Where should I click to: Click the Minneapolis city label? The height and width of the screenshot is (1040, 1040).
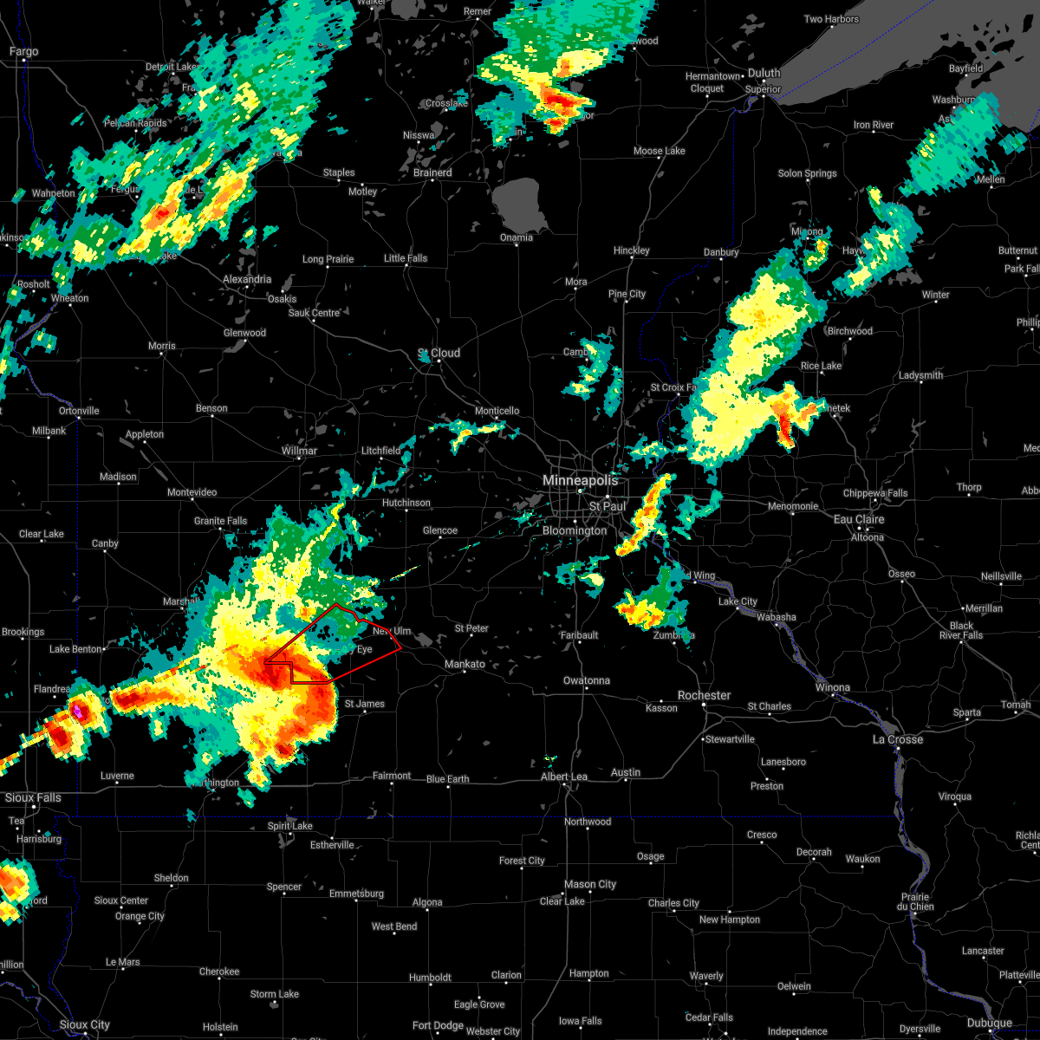pos(580,480)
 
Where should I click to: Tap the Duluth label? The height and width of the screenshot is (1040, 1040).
pos(764,74)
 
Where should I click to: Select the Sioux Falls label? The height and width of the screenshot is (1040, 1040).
pos(33,797)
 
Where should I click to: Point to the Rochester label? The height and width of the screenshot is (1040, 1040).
pos(704,695)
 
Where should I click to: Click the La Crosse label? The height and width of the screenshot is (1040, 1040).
pos(898,739)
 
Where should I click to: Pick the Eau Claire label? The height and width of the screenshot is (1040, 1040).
pos(859,519)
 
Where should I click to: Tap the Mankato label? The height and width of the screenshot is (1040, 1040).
pos(465,664)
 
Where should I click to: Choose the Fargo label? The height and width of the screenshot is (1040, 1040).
pos(23,52)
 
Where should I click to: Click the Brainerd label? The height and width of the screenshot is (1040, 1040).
pos(432,172)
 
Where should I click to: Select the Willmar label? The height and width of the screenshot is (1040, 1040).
pos(299,451)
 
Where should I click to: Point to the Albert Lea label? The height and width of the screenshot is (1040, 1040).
pos(564,777)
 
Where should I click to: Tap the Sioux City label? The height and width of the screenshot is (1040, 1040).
pos(84,1024)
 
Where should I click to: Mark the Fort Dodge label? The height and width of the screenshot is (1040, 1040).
pos(438,1025)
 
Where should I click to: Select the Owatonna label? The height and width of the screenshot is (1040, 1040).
pos(587,680)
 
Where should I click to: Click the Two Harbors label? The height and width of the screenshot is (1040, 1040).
pos(831,19)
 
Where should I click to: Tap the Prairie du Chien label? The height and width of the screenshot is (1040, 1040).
pos(916,901)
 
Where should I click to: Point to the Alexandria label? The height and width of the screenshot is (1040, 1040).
pos(247,279)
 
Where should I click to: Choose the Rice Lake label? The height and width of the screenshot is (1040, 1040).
pos(821,366)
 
